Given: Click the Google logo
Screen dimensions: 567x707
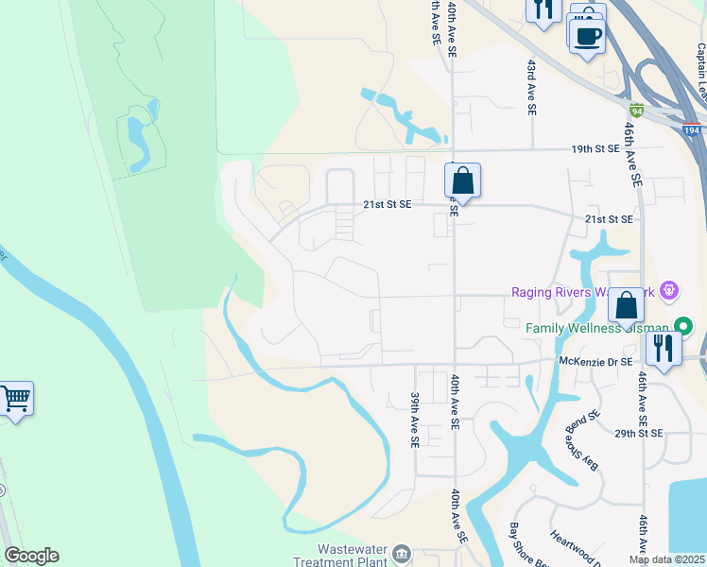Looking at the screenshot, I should (31, 556).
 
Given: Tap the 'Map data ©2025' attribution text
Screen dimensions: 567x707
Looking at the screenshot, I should (666, 559).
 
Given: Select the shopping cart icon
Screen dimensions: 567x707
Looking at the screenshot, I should (14, 399).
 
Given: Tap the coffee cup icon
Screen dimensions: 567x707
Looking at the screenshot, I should (587, 35).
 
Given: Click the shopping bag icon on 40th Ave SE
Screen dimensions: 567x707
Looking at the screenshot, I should (462, 180).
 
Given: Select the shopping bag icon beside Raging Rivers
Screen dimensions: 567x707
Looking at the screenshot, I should (626, 305).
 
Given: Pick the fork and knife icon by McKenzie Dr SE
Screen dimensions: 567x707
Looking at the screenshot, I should (664, 348).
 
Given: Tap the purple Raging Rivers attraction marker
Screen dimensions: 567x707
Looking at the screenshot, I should (670, 289).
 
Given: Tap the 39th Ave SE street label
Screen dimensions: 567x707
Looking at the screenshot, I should (414, 421).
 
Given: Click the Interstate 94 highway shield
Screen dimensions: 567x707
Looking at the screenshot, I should (637, 110).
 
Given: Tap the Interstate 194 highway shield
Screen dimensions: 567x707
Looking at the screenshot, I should (692, 130).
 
